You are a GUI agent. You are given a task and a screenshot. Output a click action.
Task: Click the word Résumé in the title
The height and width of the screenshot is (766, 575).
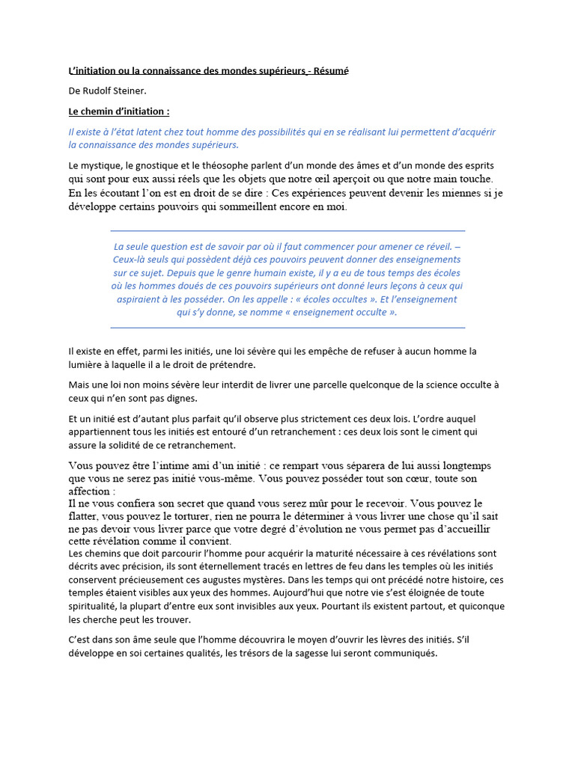331,71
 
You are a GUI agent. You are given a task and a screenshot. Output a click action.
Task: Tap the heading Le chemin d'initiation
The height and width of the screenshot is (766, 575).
118,111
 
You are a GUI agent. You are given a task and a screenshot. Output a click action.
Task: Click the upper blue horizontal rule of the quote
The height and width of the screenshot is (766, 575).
287,230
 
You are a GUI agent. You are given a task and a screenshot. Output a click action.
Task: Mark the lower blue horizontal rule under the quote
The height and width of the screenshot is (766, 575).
287,328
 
